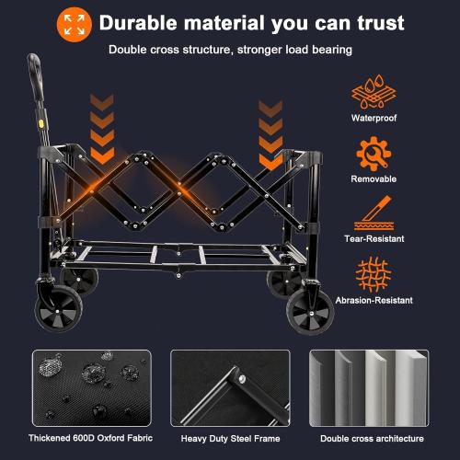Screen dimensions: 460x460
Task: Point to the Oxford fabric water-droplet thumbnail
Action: coord(89,386)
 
